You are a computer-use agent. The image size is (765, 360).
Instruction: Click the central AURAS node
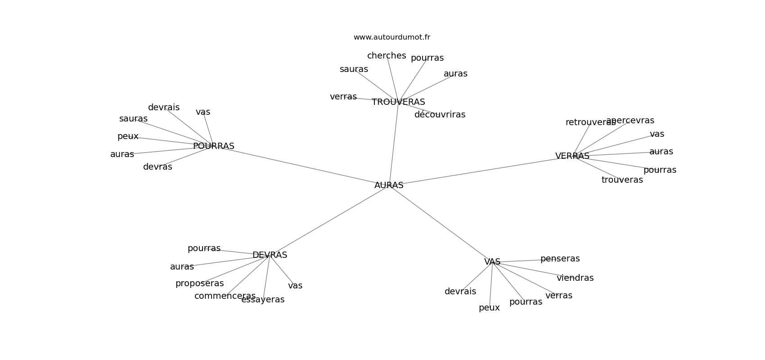[389, 185]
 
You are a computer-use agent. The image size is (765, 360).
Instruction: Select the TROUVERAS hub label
[398, 102]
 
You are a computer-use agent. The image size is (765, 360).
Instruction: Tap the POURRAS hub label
[213, 146]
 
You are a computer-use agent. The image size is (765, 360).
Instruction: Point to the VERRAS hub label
[572, 156]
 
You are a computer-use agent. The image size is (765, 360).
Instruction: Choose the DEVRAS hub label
[270, 255]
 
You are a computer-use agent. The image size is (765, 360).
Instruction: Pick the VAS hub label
[492, 261]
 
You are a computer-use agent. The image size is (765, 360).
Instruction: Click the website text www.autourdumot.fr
[391, 37]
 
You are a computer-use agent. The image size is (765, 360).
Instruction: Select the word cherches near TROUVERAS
[387, 55]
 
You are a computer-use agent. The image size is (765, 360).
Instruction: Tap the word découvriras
[440, 114]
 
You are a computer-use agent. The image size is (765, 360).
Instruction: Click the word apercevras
[630, 121]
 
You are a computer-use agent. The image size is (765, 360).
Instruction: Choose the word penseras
[560, 259]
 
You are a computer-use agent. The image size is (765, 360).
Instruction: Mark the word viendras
[575, 278]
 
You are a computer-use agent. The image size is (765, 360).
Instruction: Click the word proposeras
[199, 283]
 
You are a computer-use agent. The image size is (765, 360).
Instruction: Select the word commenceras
[225, 296]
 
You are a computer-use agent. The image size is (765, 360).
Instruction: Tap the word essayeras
[263, 300]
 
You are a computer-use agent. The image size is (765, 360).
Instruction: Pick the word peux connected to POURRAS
[128, 136]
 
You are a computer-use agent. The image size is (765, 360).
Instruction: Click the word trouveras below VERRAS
[622, 180]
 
